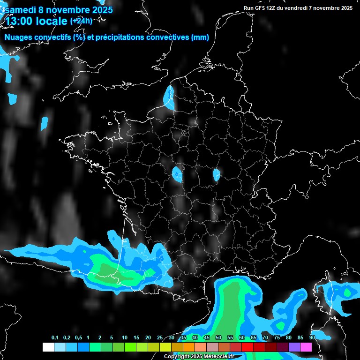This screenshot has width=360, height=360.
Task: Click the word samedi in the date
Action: (x=20, y=9)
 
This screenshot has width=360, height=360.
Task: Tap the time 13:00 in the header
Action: (x=18, y=21)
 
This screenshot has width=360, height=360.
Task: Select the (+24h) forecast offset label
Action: (x=81, y=21)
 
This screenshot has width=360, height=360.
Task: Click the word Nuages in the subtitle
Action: (x=18, y=37)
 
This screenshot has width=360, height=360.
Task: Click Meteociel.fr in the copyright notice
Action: (x=218, y=356)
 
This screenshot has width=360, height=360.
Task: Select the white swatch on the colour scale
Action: (x=48, y=347)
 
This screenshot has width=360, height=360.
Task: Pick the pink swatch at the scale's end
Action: (x=306, y=347)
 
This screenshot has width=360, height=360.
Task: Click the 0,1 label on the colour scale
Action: (x=54, y=338)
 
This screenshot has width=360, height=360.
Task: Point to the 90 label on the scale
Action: (x=312, y=338)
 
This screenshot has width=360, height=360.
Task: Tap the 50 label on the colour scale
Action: (x=218, y=338)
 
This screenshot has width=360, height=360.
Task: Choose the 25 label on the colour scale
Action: (x=160, y=338)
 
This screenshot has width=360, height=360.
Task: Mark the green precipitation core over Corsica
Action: (x=347, y=292)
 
